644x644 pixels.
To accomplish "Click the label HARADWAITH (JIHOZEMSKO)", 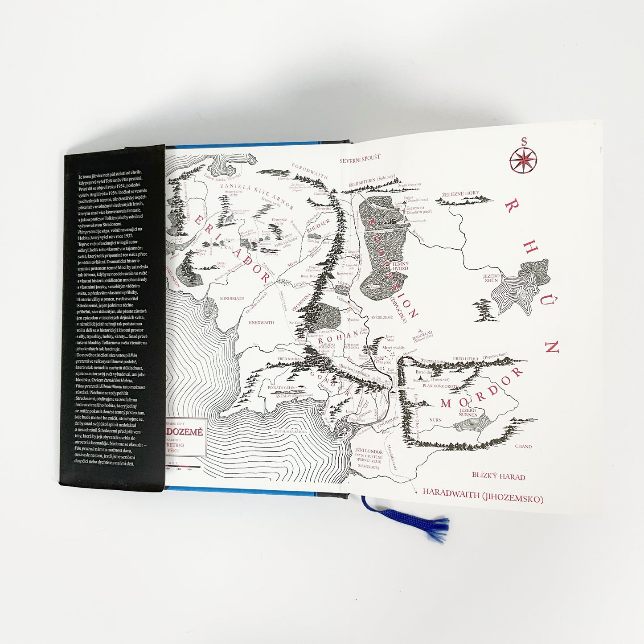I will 483,496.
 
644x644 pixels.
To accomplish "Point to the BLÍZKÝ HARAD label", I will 498,476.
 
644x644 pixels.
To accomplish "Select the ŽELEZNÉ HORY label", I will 460,194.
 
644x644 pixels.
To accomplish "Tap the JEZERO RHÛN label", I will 491,278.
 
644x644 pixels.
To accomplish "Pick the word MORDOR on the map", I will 481,388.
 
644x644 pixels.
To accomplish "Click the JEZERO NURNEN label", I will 468,412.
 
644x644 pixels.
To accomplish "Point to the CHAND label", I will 523,446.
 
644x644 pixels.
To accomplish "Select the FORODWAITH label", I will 310,171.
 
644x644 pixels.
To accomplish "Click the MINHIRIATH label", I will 232,298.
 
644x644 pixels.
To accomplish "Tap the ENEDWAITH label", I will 261,322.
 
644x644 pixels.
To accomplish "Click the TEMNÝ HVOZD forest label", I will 399,267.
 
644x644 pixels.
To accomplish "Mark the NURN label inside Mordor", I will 435,420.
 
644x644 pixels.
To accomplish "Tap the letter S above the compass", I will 524,142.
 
